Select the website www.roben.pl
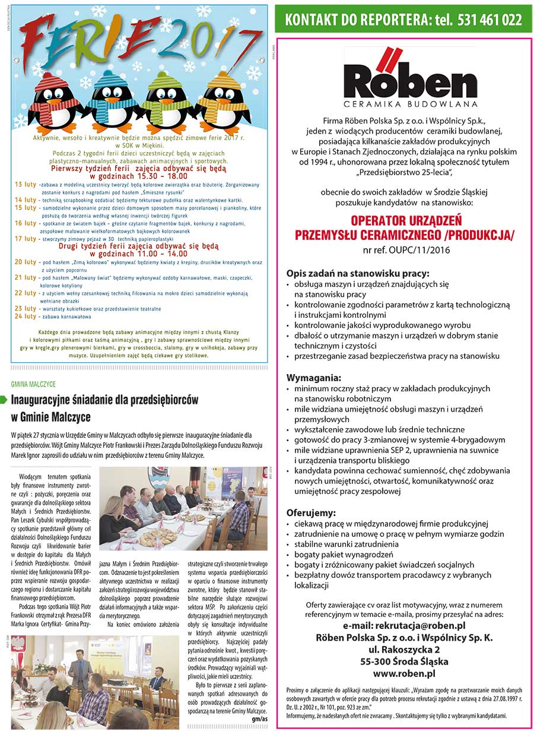(404, 673)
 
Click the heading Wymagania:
(314, 377)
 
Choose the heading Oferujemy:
(311, 512)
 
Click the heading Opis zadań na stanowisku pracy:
(357, 274)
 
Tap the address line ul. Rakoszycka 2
(404, 650)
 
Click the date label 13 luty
(26, 185)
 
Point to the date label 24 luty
(26, 316)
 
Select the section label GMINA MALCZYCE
(33, 384)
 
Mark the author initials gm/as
(259, 719)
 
